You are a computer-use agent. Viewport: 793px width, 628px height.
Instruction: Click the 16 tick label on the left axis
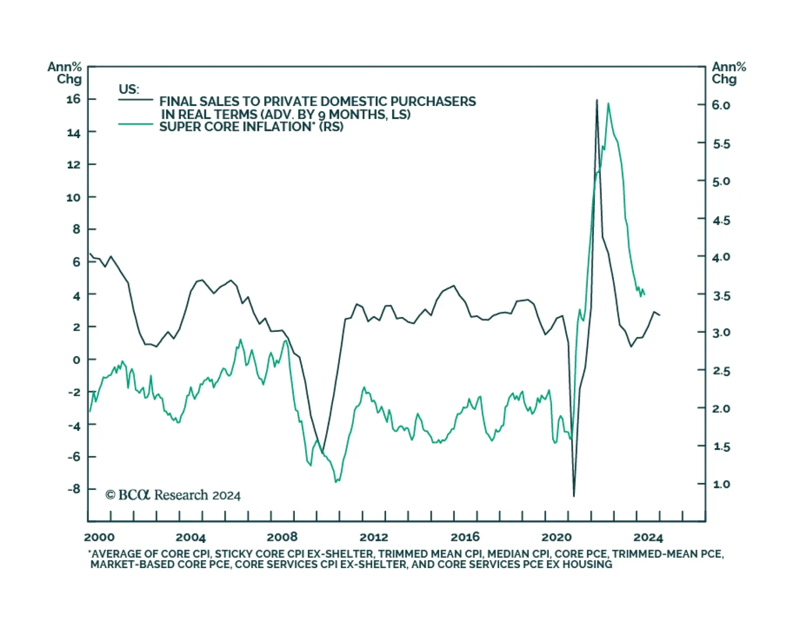73,99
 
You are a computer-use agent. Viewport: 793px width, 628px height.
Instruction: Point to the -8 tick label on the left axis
73,489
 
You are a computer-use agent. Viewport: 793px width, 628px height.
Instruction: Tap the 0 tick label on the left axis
76,360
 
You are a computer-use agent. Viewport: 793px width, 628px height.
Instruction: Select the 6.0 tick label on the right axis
721,105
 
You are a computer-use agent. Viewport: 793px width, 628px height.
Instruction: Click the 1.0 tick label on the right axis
721,484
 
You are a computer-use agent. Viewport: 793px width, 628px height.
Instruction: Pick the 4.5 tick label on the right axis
721,220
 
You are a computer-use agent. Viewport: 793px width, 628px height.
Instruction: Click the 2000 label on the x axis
99,537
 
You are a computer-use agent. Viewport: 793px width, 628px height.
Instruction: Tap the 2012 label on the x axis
374,537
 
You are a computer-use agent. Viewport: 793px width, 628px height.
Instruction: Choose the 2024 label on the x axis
648,537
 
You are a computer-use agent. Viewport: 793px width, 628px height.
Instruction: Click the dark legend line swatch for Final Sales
135,100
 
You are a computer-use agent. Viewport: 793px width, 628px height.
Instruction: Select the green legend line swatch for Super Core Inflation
135,124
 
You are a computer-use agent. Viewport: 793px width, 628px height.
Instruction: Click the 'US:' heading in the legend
129,89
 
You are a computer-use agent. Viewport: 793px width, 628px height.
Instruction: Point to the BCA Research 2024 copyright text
173,495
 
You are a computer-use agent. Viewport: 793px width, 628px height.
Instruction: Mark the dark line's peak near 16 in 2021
597,100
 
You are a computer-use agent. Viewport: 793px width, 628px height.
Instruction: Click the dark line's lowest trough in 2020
574,496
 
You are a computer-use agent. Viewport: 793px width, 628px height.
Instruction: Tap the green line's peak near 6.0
608,104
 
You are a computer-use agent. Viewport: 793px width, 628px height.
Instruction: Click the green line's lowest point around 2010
336,481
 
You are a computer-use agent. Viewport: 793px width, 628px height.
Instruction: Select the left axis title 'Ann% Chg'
64,73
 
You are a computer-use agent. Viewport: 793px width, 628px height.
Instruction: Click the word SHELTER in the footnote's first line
353,554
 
